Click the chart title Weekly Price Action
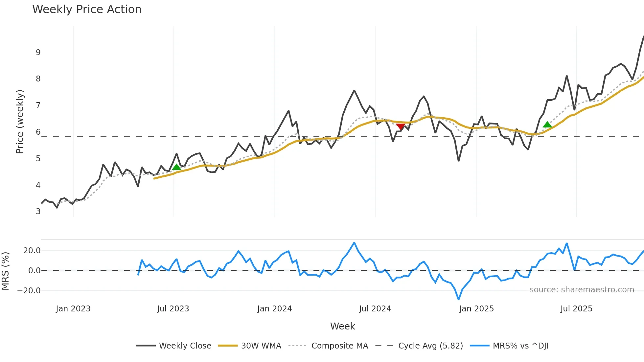click(x=87, y=10)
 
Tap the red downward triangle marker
click(x=400, y=126)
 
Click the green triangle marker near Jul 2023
click(x=176, y=167)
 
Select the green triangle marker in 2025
click(x=547, y=124)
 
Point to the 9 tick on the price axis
click(x=38, y=53)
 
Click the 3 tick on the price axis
click(x=38, y=212)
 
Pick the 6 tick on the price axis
click(x=38, y=132)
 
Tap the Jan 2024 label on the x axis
click(x=274, y=309)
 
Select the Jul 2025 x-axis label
click(x=576, y=309)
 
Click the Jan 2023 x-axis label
click(x=73, y=309)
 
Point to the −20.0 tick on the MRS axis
click(x=29, y=291)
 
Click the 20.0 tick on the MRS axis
click(x=32, y=251)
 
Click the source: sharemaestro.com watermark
click(x=582, y=290)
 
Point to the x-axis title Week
click(x=342, y=326)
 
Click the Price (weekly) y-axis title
click(x=20, y=122)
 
